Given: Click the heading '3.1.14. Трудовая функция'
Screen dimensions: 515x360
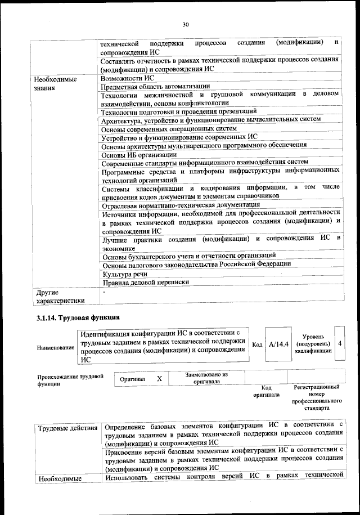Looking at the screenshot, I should [x=78, y=319].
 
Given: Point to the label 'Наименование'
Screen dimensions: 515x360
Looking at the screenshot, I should [x=56, y=348].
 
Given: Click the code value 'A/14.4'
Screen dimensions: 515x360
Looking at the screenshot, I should [x=278, y=343].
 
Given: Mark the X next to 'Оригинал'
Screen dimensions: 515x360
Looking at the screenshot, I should [x=159, y=379].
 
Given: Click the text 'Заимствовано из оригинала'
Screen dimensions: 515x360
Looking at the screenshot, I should [x=206, y=378].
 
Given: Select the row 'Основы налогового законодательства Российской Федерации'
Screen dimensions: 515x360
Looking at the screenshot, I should [x=196, y=264].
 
